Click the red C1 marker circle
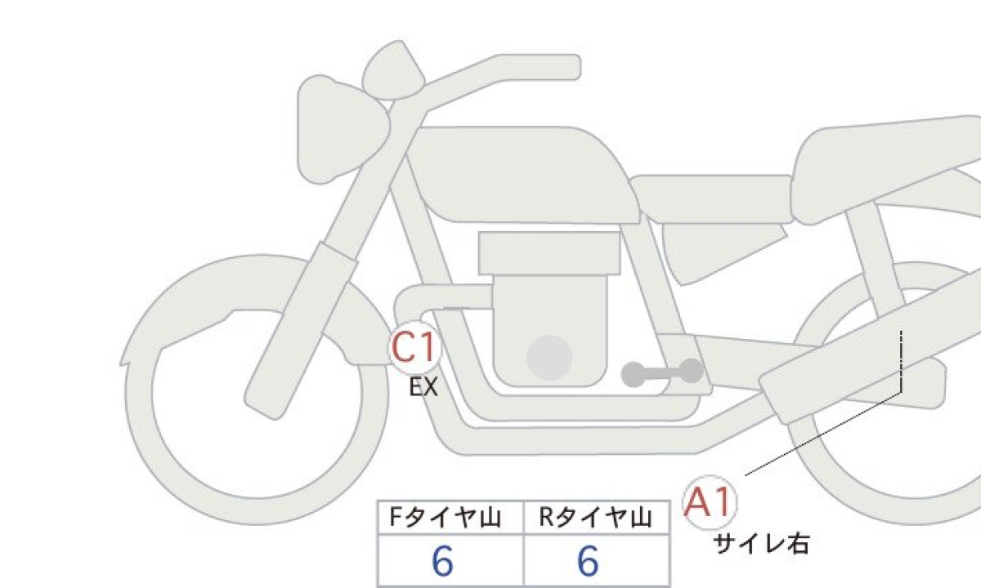[414, 347]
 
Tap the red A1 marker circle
[710, 502]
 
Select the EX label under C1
[423, 387]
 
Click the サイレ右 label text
[761, 545]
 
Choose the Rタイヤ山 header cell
[597, 518]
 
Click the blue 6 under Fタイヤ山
[442, 561]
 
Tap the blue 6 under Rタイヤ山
[588, 561]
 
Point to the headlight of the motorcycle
[342, 130]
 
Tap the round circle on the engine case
[549, 358]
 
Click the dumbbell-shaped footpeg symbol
[662, 372]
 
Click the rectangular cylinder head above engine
[549, 253]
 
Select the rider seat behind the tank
[712, 199]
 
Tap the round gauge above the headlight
[393, 71]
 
